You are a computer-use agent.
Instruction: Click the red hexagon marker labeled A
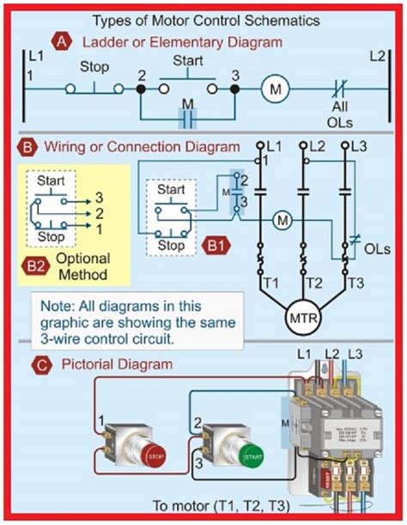[60, 40]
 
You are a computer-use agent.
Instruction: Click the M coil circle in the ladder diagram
[276, 89]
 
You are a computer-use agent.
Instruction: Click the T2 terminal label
[303, 283]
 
